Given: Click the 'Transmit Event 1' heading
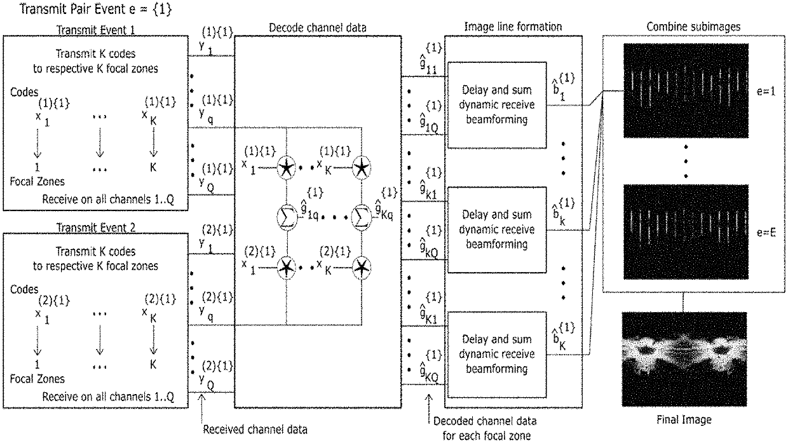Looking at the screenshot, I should pos(95,30).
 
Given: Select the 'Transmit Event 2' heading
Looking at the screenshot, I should pos(95,227).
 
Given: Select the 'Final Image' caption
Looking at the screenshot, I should pos(683,419).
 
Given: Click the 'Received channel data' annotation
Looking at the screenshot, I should pos(255,428).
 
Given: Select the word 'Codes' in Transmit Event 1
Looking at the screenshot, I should pos(24,92).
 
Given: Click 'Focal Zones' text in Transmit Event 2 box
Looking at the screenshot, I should pos(37,379).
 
